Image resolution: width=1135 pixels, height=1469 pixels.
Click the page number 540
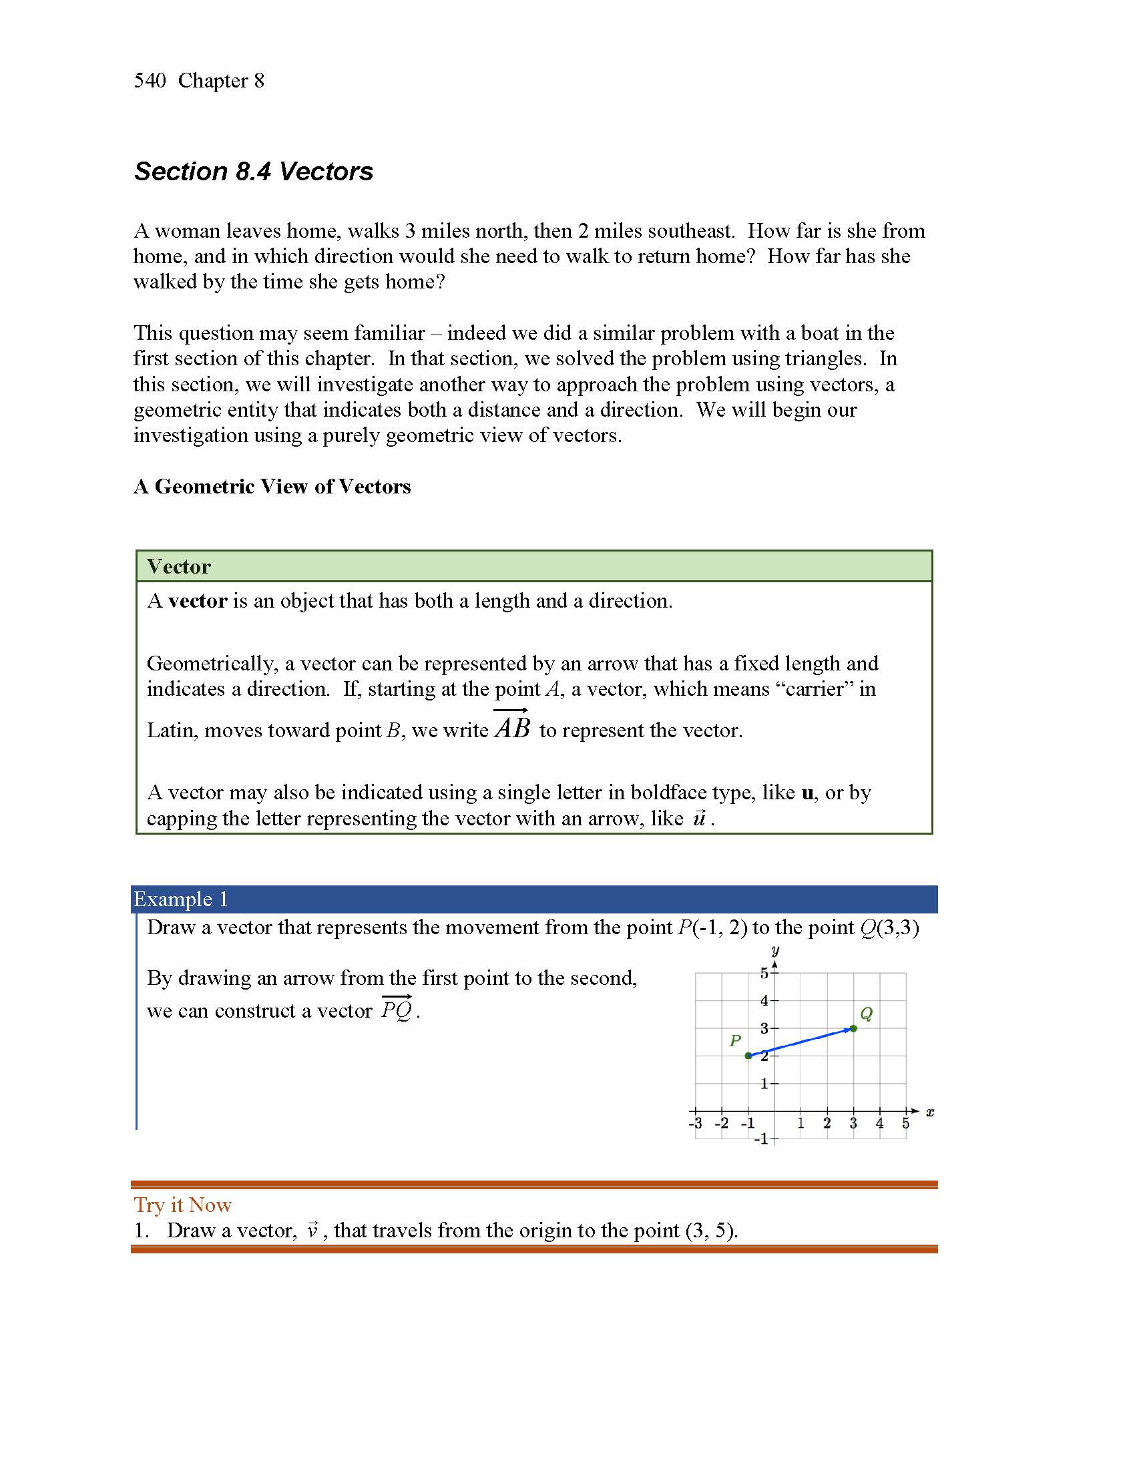[150, 81]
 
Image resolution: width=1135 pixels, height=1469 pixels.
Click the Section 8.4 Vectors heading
[254, 172]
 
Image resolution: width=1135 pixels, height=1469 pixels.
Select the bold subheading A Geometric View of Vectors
[272, 486]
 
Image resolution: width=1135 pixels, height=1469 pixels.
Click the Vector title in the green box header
[179, 566]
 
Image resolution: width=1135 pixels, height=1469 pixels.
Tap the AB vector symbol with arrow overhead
[512, 726]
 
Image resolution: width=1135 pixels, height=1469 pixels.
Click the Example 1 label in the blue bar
[181, 899]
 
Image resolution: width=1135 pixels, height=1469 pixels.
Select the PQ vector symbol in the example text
[397, 1009]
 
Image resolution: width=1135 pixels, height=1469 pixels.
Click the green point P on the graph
[748, 1056]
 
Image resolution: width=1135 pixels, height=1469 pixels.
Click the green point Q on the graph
[853, 1028]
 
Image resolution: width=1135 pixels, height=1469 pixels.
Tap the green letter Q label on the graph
[866, 1014]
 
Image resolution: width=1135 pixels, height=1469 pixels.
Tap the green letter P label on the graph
[735, 1041]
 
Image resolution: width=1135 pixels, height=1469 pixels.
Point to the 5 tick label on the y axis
[764, 974]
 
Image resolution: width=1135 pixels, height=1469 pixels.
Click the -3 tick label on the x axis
[694, 1123]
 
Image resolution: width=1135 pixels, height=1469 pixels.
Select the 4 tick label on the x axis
[879, 1123]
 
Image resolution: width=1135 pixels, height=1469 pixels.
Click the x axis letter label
[930, 1112]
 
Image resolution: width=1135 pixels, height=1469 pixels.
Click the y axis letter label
[775, 951]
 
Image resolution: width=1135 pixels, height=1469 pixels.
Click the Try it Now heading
[182, 1205]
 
